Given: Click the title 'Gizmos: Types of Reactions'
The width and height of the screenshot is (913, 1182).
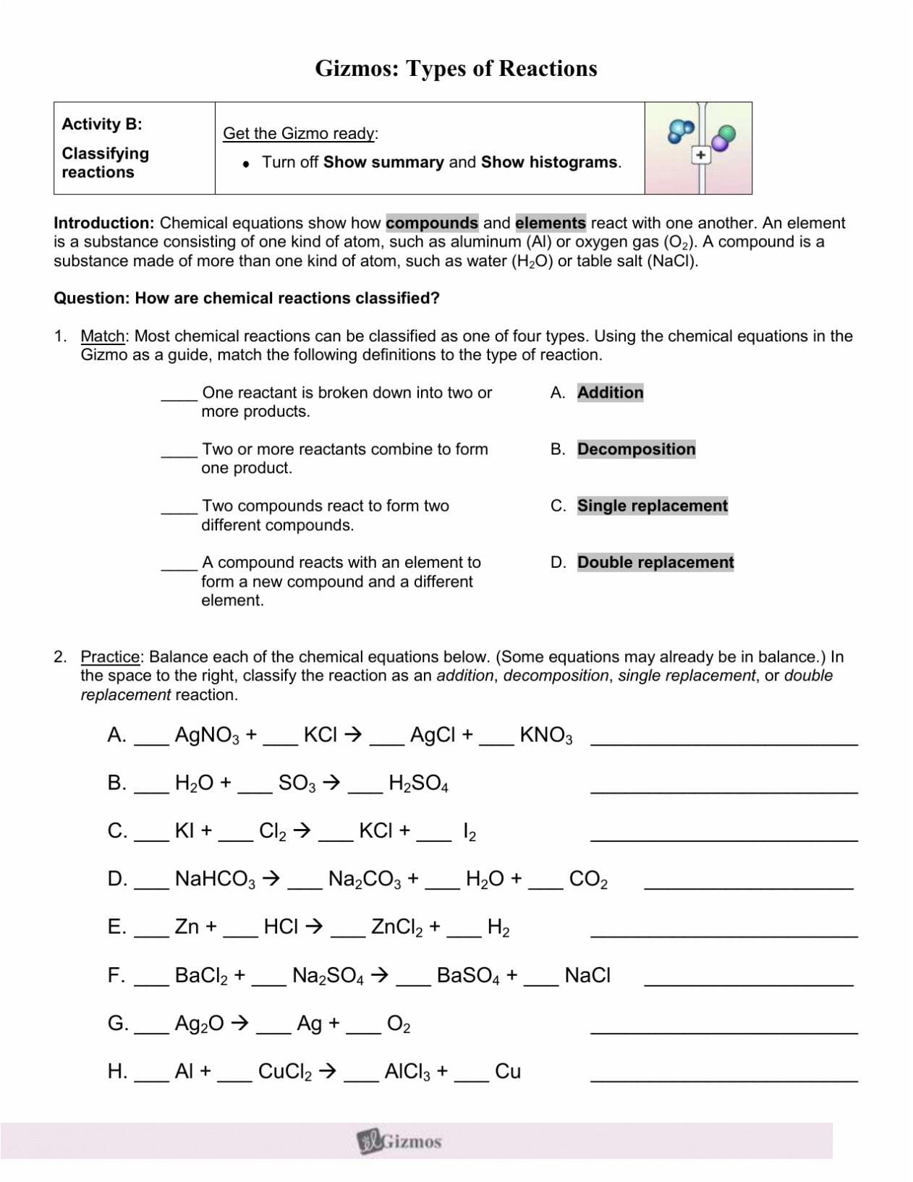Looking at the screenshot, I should [456, 69].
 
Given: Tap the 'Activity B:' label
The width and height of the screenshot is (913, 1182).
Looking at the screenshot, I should [102, 124].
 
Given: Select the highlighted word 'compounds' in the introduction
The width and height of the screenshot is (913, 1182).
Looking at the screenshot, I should [432, 223].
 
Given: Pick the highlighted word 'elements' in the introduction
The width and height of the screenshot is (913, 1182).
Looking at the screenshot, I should [551, 223].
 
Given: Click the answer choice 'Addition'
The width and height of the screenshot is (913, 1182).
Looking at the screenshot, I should [610, 393].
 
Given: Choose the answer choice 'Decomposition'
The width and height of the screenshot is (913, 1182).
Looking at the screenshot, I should [636, 449].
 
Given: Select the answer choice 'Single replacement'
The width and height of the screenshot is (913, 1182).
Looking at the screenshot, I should [652, 506].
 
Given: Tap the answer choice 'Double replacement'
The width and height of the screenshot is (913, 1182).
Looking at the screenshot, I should [655, 562].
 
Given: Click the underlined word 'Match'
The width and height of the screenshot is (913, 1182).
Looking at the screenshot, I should [103, 336].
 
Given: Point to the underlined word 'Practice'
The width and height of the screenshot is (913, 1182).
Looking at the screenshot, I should [111, 657].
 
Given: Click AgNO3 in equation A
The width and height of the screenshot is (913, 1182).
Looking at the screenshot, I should [207, 736].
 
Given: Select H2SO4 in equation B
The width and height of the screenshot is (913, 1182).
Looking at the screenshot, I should [418, 783].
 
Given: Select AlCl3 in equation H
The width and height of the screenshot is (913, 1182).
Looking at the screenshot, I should [409, 1072].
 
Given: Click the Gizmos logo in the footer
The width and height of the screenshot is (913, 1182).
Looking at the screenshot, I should [400, 1141].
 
